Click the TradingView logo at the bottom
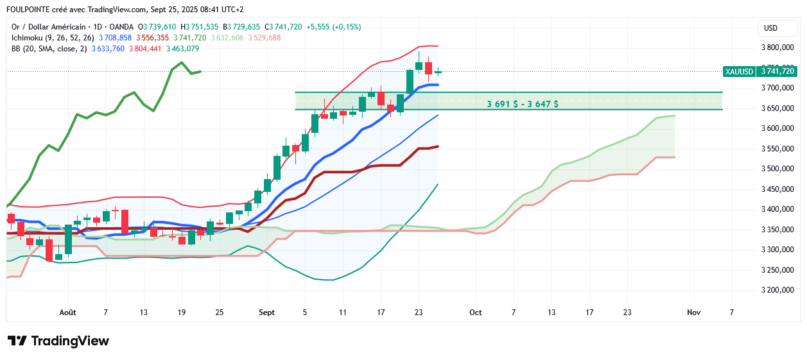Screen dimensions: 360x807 click(58, 341)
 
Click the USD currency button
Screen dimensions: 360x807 click(770, 28)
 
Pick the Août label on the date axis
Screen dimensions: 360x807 click(67, 313)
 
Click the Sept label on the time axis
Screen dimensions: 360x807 click(267, 313)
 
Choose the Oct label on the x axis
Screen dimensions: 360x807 click(475, 313)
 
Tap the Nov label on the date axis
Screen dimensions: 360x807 click(693, 313)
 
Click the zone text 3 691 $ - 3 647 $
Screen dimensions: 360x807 click(522, 103)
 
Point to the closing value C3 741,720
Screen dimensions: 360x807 click(284, 27)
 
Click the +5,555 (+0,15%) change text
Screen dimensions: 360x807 click(334, 27)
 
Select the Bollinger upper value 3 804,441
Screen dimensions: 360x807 click(145, 49)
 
